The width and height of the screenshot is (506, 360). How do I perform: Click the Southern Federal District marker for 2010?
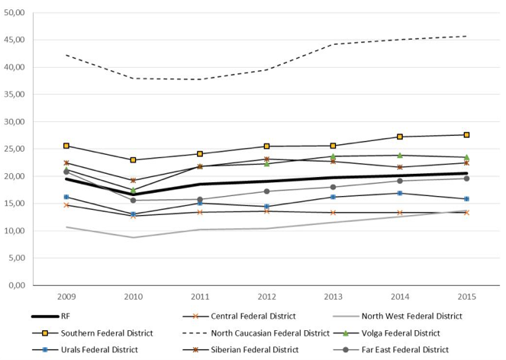pyautogui.click(x=133, y=160)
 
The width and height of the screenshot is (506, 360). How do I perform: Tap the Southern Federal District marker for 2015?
pyautogui.click(x=466, y=135)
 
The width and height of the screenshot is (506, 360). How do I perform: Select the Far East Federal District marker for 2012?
pyautogui.click(x=266, y=191)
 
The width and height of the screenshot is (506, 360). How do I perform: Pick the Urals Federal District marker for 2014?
pyautogui.click(x=400, y=193)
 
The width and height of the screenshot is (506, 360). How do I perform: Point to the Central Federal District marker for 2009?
pyautogui.click(x=66, y=205)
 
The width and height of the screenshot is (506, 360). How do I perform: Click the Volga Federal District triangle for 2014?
pyautogui.click(x=400, y=156)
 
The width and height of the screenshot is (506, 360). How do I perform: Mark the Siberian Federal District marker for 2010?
pyautogui.click(x=133, y=180)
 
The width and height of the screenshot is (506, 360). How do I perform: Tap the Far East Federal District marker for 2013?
pyautogui.click(x=333, y=187)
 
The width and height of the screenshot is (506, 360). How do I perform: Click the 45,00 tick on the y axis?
pyautogui.click(x=15, y=40)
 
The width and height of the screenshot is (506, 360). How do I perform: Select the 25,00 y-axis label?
pyautogui.click(x=15, y=149)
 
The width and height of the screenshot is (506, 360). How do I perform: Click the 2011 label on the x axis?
pyautogui.click(x=200, y=297)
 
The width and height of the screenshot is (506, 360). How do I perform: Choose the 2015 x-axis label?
pyautogui.click(x=466, y=297)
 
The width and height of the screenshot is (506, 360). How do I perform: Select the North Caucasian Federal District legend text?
pyautogui.click(x=270, y=333)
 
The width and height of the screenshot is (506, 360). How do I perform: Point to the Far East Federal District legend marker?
pyautogui.click(x=346, y=350)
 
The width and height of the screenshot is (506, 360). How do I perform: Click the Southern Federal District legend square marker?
pyautogui.click(x=45, y=333)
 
